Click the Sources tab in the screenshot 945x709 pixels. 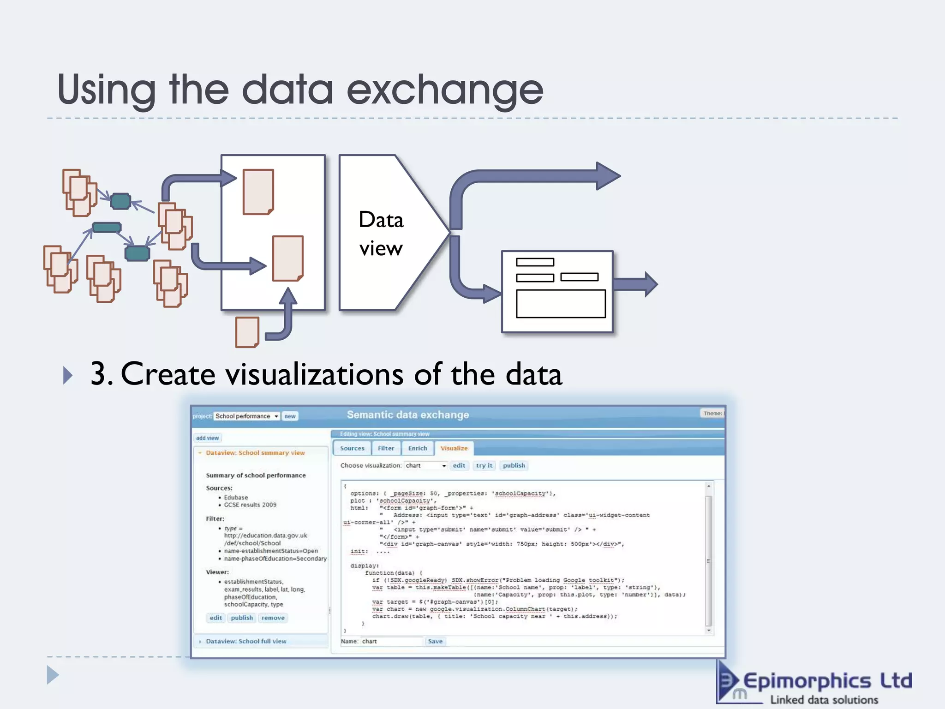[352, 448]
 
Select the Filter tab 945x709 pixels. [386, 448]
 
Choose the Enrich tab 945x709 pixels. [418, 448]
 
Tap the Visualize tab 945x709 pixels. [454, 448]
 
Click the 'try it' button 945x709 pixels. [484, 466]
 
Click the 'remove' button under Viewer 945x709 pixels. [273, 618]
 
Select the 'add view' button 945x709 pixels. [207, 438]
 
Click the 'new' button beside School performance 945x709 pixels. [290, 416]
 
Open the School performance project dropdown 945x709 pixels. [247, 416]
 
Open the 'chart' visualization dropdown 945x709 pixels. [426, 466]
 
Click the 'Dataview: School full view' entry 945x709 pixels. [246, 642]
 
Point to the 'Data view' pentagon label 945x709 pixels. [381, 234]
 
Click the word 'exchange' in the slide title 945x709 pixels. [445, 90]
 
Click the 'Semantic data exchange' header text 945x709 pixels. [408, 415]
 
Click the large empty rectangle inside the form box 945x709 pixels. [561, 304]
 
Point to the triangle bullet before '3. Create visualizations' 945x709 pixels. [67, 375]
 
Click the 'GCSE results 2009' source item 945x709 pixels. [250, 505]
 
